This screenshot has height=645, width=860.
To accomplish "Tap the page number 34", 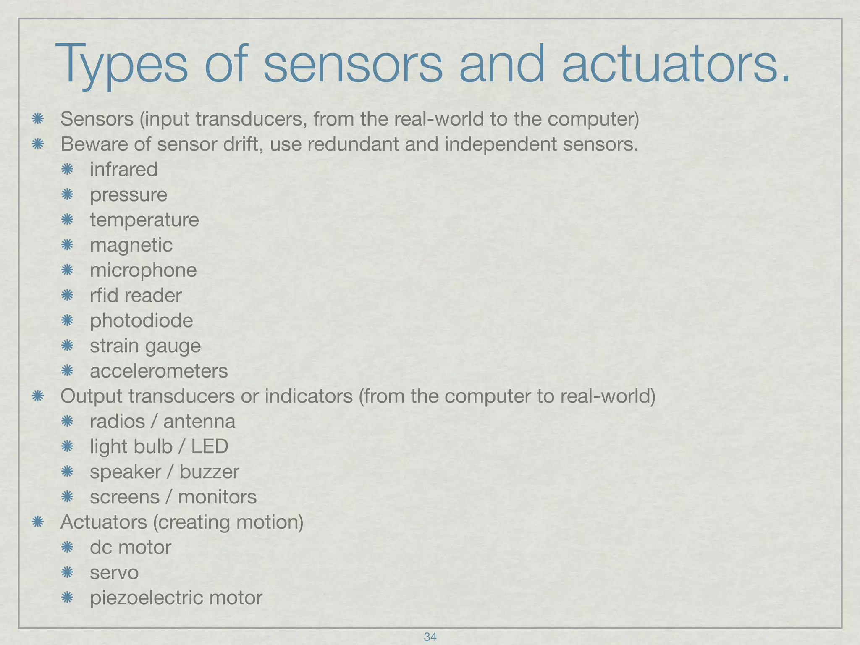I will coord(430,637).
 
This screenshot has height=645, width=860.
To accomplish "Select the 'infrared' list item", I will coord(123,170).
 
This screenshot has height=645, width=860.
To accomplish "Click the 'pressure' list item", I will coord(128,195).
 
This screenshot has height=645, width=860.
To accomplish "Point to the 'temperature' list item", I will coord(144,220).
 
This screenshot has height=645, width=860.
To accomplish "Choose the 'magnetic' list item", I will coord(131,245).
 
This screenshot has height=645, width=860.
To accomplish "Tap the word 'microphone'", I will coord(143,270).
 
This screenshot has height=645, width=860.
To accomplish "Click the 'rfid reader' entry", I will coord(136,296).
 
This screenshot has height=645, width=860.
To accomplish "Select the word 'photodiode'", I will coord(142,321).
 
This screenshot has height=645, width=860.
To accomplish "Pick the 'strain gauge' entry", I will coord(145,346).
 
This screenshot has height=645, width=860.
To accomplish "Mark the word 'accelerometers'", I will coord(159,371).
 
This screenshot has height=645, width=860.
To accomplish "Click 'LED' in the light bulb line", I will coord(210,446).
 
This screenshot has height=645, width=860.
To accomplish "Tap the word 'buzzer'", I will coord(209,472).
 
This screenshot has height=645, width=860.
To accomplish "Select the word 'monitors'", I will coord(217,497).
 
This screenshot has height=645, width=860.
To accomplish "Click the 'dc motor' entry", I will coord(131,548).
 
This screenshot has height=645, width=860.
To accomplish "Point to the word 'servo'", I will coord(114,573).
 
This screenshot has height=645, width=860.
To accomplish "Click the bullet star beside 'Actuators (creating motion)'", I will coord(38,522).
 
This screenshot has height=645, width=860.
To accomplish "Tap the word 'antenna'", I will coord(199,422).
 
